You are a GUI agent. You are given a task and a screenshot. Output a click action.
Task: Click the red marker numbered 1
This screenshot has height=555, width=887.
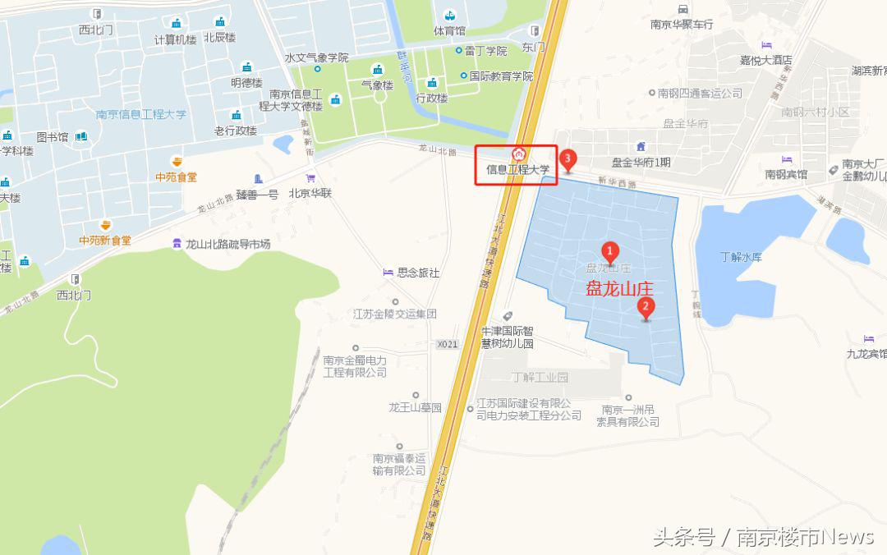610,250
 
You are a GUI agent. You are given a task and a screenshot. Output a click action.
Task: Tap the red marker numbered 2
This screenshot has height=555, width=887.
646,308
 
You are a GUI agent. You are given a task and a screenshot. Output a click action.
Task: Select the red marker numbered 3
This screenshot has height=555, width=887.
567,158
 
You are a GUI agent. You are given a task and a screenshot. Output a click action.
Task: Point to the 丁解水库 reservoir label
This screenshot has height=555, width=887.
742,257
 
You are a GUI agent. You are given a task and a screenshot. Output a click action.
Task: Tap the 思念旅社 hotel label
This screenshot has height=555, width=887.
418,273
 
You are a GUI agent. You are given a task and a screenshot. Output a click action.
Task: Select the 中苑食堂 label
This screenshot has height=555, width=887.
176,177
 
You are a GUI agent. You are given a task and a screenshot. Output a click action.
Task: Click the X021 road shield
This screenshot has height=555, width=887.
447,344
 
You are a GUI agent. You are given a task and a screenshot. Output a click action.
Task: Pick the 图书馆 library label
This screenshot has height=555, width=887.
53,137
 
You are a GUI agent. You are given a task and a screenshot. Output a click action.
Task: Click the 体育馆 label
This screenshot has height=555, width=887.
449,30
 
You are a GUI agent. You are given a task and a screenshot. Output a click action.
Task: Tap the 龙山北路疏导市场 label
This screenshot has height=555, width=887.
227,244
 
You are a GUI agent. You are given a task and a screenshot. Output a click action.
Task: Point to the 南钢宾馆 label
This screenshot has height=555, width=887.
786,174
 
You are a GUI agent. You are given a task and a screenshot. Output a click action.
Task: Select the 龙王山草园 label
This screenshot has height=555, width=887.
415,407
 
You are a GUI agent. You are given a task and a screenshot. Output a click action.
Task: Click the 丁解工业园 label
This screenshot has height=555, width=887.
539,378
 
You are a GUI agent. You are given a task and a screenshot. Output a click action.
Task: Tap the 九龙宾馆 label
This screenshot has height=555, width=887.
867,354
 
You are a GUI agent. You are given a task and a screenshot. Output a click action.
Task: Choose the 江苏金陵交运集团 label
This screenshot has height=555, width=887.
394,314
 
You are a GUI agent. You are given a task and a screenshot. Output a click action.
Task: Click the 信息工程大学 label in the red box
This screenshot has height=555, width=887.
517,170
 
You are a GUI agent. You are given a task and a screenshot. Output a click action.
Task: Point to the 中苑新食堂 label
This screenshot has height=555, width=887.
104,241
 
